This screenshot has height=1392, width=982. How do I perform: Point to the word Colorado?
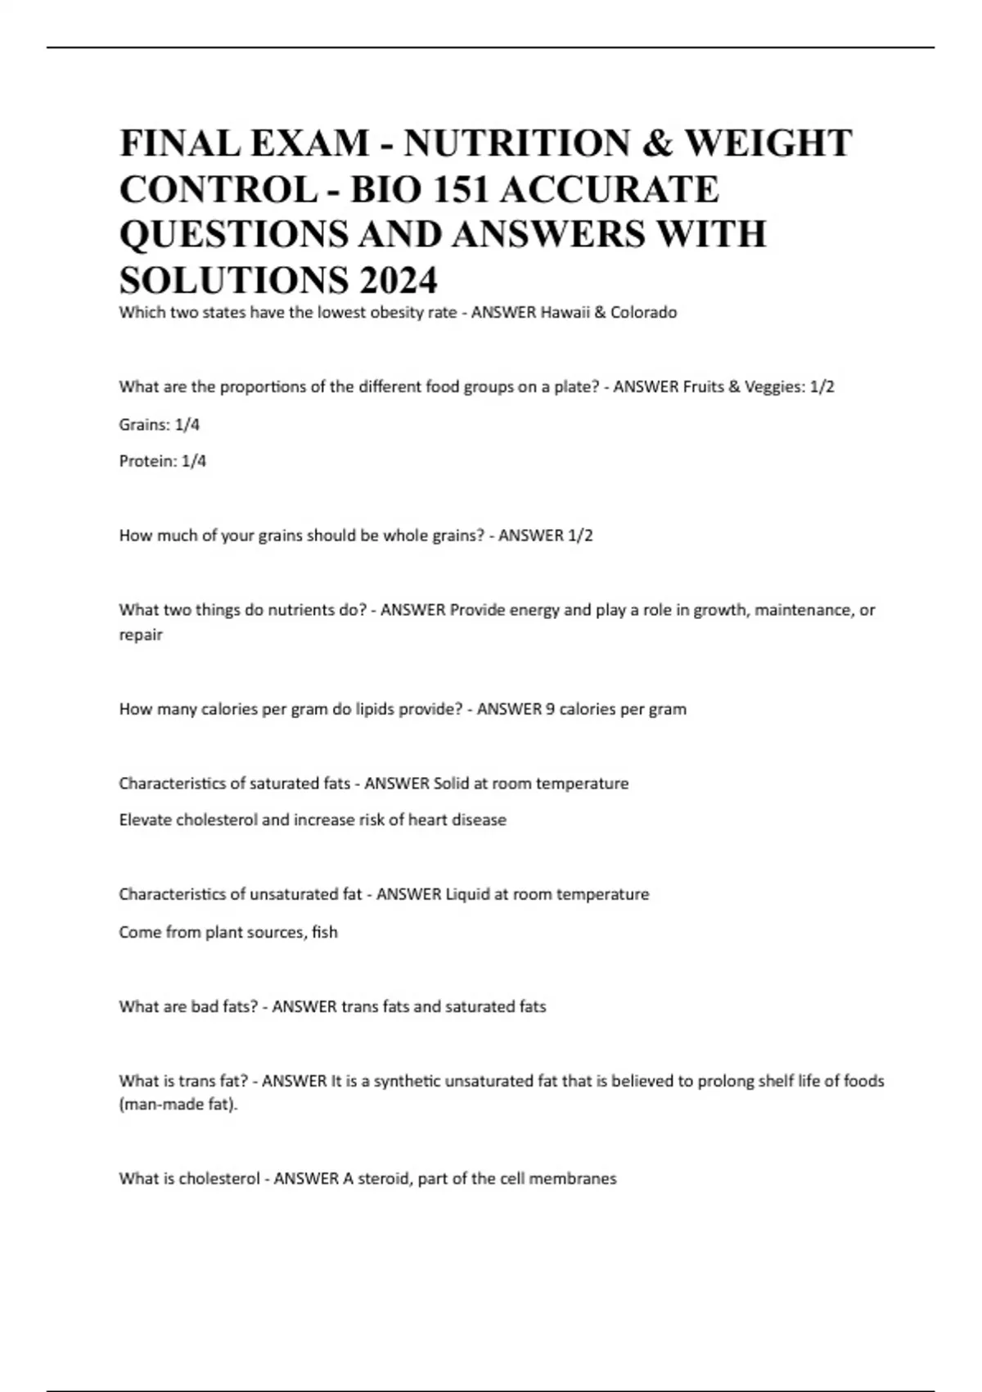tap(643, 312)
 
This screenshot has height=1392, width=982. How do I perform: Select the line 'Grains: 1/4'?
tap(160, 424)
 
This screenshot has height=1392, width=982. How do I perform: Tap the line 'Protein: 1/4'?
tap(163, 461)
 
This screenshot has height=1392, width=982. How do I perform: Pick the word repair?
tap(141, 635)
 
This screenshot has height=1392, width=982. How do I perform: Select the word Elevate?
tap(146, 820)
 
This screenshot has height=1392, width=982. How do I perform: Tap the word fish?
tap(324, 932)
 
